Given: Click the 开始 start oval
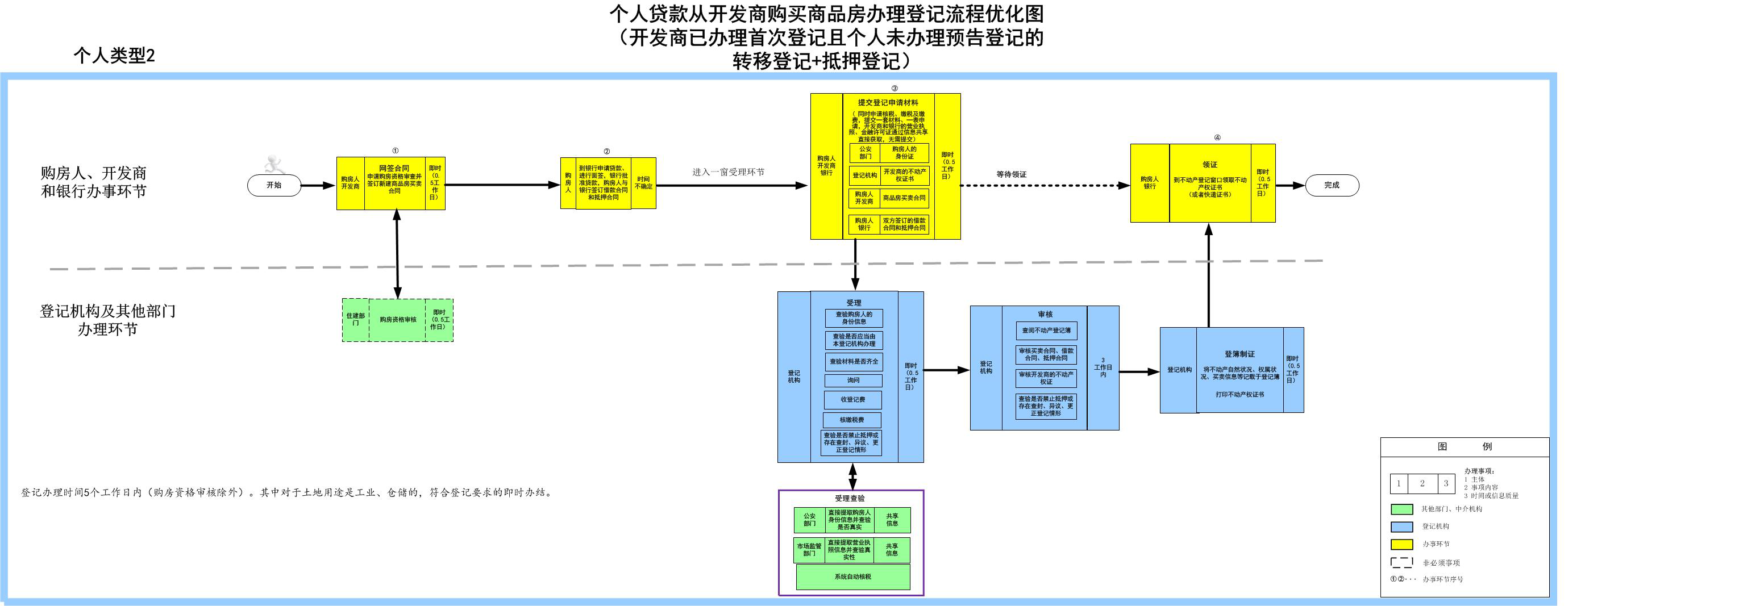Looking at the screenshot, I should pyautogui.click(x=274, y=185).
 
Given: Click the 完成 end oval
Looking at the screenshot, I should pyautogui.click(x=1332, y=185).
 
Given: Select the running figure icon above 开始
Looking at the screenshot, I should pyautogui.click(x=274, y=164).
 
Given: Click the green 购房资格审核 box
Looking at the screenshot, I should pyautogui.click(x=398, y=320).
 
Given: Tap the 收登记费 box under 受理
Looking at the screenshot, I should pyautogui.click(x=852, y=400).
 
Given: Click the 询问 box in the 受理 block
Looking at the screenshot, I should pyautogui.click(x=853, y=381).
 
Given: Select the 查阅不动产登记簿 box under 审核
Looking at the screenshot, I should pyautogui.click(x=1046, y=331).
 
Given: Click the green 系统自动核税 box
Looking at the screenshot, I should pyautogui.click(x=852, y=577).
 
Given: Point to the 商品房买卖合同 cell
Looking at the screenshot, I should pyautogui.click(x=904, y=198).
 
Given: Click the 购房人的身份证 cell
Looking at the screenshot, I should pyautogui.click(x=904, y=153).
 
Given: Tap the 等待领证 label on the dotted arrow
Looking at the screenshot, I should pyautogui.click(x=1011, y=174).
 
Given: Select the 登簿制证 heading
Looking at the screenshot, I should pyautogui.click(x=1239, y=354).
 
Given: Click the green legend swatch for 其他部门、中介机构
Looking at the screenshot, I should pyautogui.click(x=1401, y=509).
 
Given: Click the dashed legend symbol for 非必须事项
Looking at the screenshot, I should pyautogui.click(x=1401, y=563).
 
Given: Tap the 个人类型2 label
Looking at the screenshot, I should pyautogui.click(x=114, y=56).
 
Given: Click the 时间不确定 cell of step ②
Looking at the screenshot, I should pyautogui.click(x=643, y=183).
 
